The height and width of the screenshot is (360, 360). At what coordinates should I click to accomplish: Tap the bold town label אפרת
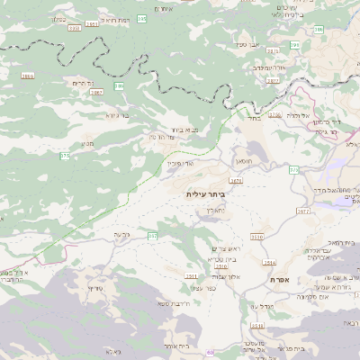coord(280,281)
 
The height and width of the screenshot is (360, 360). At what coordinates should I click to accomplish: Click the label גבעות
coord(122,235)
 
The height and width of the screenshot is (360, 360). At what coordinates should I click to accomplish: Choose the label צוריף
coord(98,288)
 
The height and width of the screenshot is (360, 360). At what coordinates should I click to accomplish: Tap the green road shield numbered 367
coord(152,236)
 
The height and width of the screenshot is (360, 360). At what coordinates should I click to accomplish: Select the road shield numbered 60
coord(211,353)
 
